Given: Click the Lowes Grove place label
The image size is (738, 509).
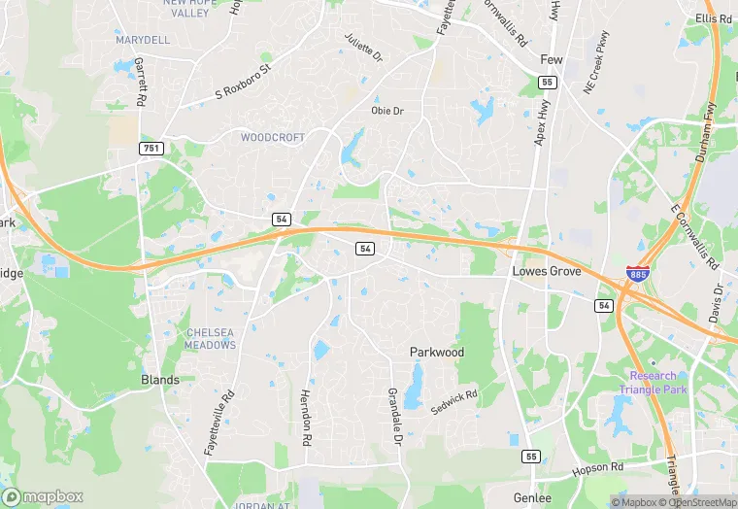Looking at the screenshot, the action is (547, 272).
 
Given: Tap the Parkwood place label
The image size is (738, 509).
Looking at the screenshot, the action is (436, 353).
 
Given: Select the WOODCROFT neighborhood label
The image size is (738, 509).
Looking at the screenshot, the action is (272, 138).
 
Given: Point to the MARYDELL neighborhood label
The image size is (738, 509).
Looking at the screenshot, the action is (142, 40).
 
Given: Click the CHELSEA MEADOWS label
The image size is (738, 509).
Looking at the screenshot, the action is (211, 338).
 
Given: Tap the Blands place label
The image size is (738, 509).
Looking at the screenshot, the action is (160, 380).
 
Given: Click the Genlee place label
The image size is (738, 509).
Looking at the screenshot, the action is (533, 496).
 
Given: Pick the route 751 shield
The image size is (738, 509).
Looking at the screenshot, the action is (151, 148).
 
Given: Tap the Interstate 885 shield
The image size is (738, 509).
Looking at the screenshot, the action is (638, 276).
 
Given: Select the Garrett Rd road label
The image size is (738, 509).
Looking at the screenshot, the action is (141, 80).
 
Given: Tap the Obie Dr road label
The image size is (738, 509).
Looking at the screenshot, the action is (386, 111).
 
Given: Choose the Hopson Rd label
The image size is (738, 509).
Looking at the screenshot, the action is (597, 468).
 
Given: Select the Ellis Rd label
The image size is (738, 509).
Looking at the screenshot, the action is (713, 18).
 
